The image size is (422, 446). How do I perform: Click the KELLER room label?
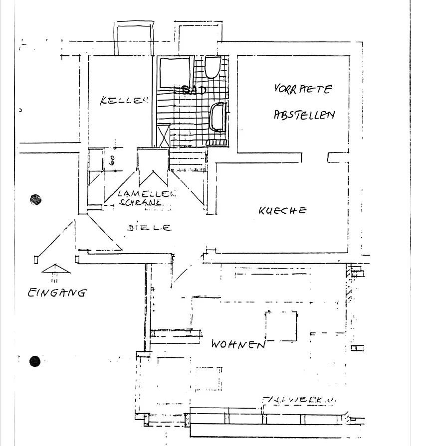tap(124, 101)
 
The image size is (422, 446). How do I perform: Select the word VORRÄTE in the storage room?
tap(303, 90)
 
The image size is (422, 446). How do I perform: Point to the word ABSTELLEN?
tap(304, 115)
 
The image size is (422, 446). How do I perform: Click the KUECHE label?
tap(282, 211)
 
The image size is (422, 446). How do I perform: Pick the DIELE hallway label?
tap(149, 228)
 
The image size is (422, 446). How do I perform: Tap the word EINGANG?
tap(56, 293)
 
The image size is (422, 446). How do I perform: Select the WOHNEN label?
tap(238, 344)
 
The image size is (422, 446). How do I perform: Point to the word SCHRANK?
tap(141, 202)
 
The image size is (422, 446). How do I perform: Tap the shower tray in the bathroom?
tap(174, 72)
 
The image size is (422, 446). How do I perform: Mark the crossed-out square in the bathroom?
tap(163, 136)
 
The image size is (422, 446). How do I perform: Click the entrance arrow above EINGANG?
tap(56, 270)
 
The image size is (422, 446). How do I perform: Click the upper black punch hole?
tap(35, 200)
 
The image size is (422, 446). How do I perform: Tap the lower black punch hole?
tap(34, 361)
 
